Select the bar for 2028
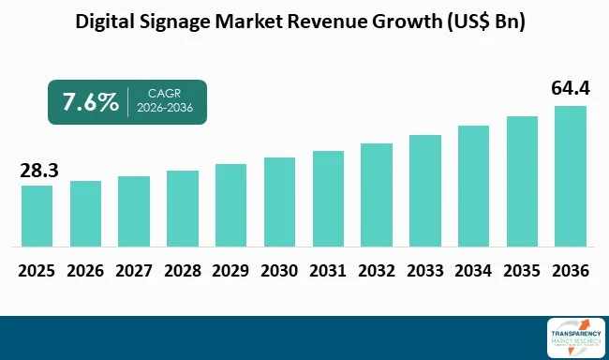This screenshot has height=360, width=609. point(183,208)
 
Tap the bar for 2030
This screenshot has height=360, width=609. point(280,202)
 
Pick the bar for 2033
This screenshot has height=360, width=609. point(425,190)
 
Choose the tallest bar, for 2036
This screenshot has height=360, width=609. point(571,175)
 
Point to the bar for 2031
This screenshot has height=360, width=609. point(328,198)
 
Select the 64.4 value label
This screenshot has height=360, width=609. point(571,90)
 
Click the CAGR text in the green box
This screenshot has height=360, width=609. point(165,94)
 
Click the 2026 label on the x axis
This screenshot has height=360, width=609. point(85,271)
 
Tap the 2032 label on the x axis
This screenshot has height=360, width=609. point(377,271)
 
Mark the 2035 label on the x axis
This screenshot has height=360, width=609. point(522,271)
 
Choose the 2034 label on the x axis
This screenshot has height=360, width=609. point(473,271)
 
